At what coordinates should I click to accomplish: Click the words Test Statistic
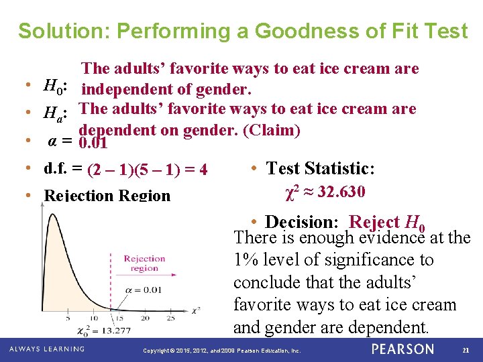(321, 168)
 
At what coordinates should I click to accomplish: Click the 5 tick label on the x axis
(67, 318)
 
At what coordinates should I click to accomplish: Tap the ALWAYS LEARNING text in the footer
(47, 349)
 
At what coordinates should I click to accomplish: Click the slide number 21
(465, 349)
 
